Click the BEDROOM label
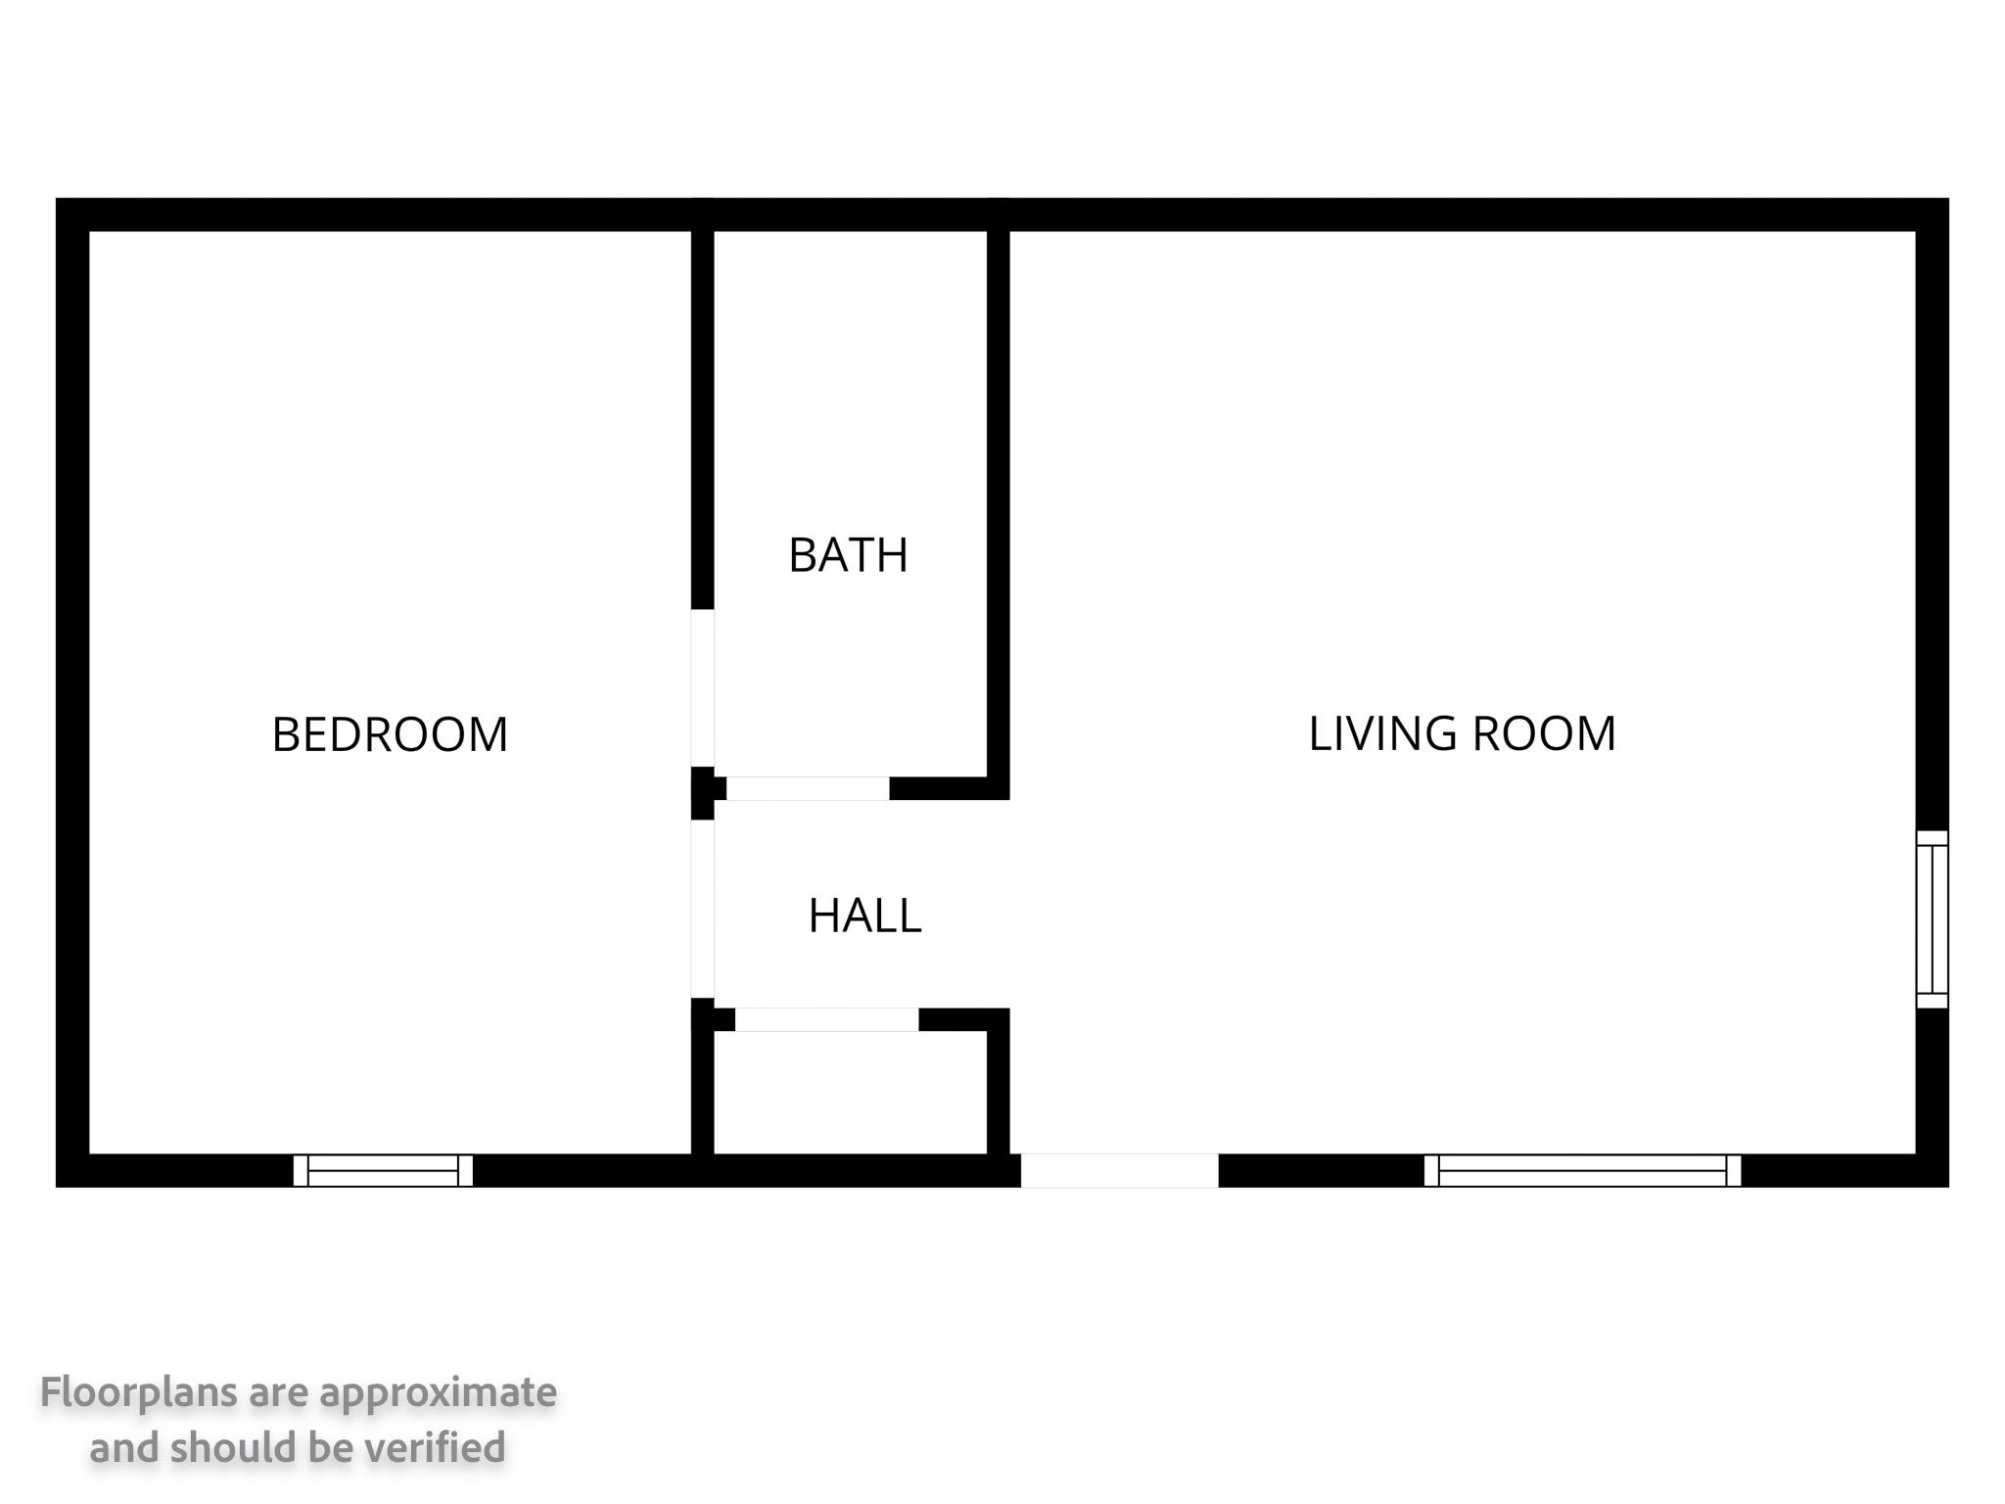(x=390, y=734)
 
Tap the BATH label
(x=848, y=555)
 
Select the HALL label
(x=864, y=916)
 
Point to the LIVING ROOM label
(x=1462, y=733)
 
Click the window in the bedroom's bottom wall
(x=383, y=1170)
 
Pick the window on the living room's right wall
(x=1932, y=918)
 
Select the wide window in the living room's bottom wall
(x=1582, y=1170)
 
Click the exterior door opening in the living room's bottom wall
(x=1120, y=1170)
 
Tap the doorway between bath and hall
(x=808, y=788)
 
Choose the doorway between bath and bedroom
(x=702, y=687)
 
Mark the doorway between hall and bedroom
(x=702, y=909)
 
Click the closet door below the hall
(x=827, y=1019)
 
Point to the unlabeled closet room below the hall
(x=850, y=1093)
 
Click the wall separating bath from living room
(x=998, y=504)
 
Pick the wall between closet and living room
(x=998, y=1081)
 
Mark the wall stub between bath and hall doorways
(x=703, y=793)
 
